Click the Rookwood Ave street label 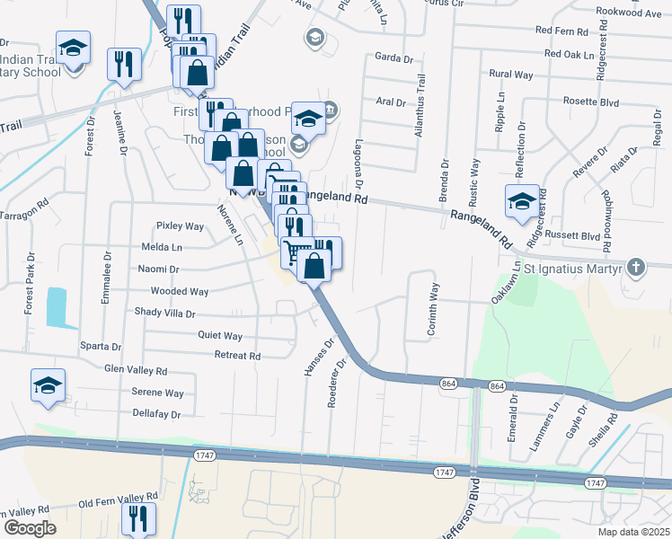[628, 13]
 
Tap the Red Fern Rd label [562, 31]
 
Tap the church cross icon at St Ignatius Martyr [636, 266]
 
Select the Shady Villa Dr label [164, 314]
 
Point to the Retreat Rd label [237, 356]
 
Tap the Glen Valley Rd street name [136, 370]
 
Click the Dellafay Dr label [157, 414]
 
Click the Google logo [30, 528]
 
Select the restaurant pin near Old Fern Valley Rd [138, 517]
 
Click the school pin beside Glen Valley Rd [48, 384]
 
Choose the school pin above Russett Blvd [522, 201]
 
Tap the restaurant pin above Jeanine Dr [124, 63]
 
